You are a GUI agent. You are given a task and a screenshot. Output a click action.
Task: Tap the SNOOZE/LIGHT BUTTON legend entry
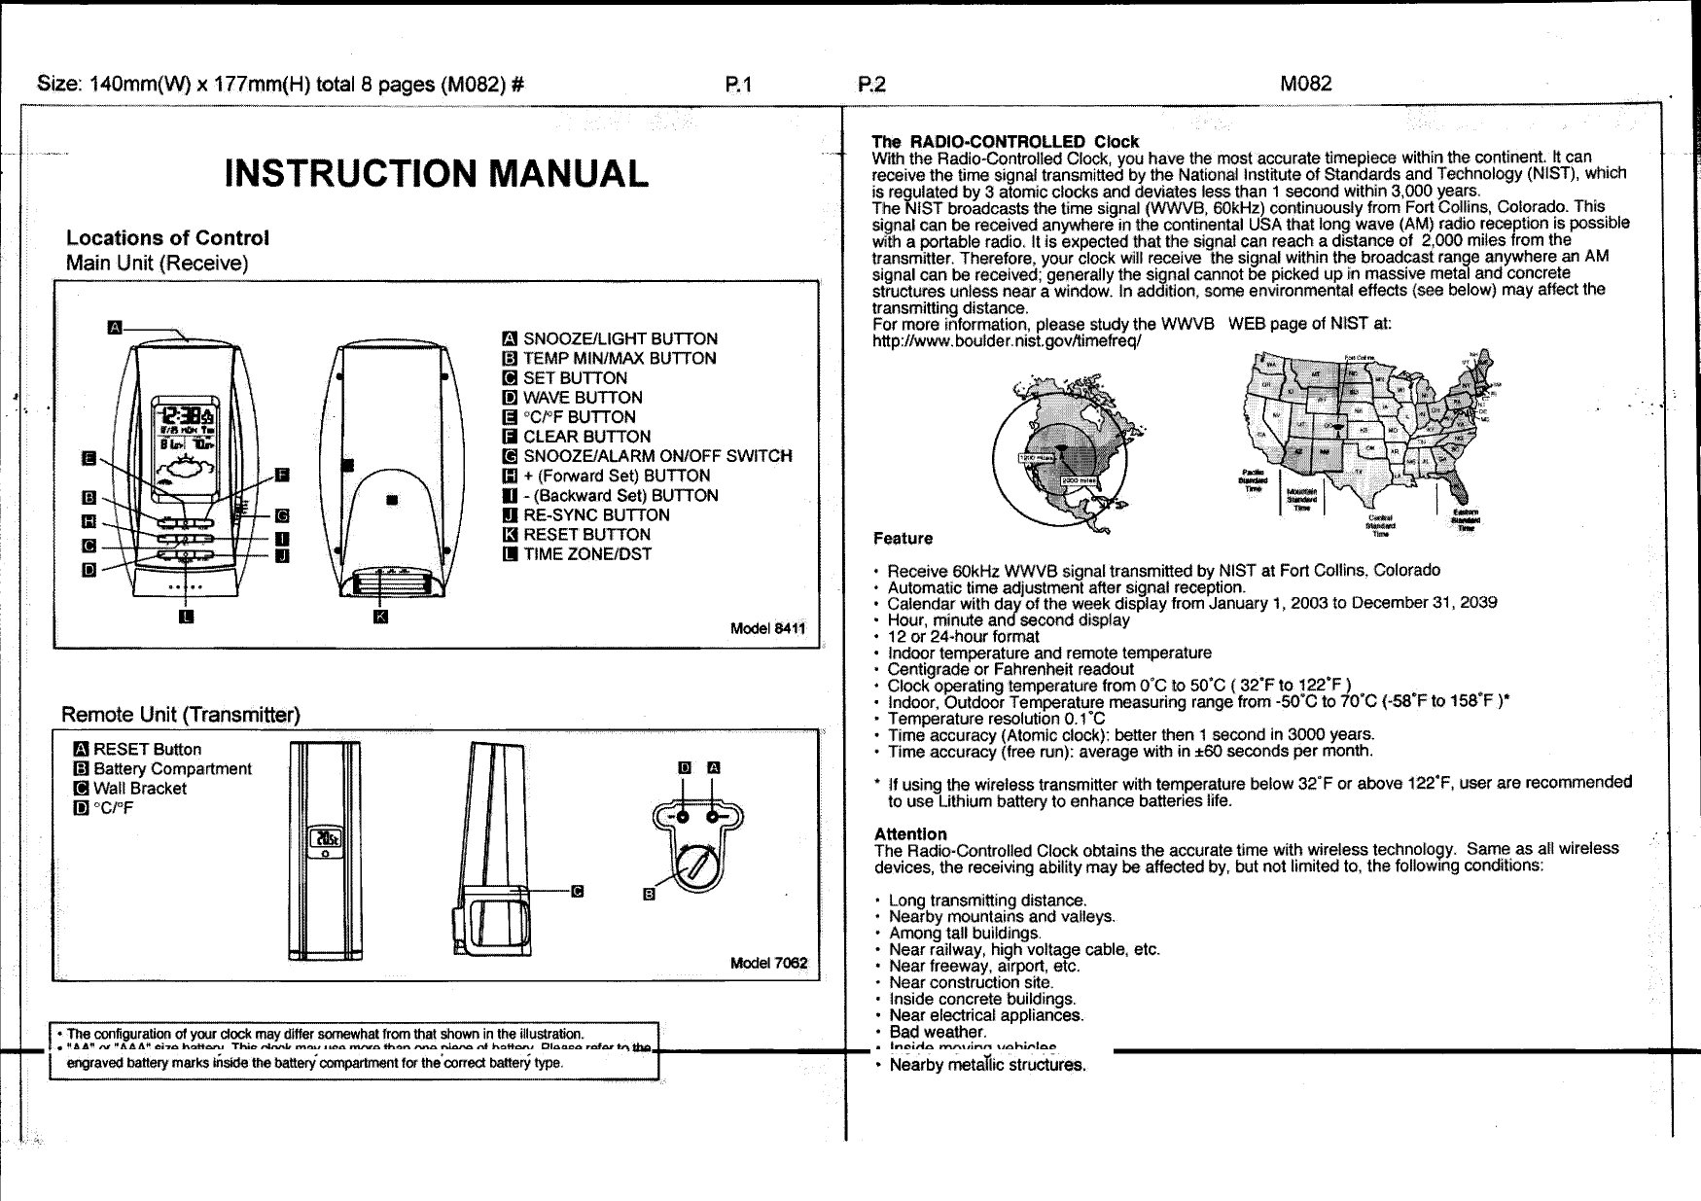tap(620, 338)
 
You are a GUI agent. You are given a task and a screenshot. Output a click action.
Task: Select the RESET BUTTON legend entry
tap(586, 534)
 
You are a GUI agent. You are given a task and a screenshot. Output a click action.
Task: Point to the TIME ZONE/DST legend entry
tap(586, 554)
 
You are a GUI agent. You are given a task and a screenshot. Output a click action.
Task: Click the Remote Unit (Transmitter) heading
tap(181, 716)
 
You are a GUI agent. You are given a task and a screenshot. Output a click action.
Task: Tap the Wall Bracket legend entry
tap(139, 789)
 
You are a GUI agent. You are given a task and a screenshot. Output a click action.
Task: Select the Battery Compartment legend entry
tap(171, 769)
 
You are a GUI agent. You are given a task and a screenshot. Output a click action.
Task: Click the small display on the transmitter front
tap(325, 839)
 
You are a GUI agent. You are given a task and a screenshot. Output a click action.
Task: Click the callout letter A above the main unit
tap(114, 326)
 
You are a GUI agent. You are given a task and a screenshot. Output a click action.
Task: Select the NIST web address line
tap(1007, 342)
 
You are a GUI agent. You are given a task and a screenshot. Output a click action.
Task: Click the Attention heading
tap(910, 834)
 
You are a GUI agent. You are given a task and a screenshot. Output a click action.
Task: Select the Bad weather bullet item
tap(938, 1032)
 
